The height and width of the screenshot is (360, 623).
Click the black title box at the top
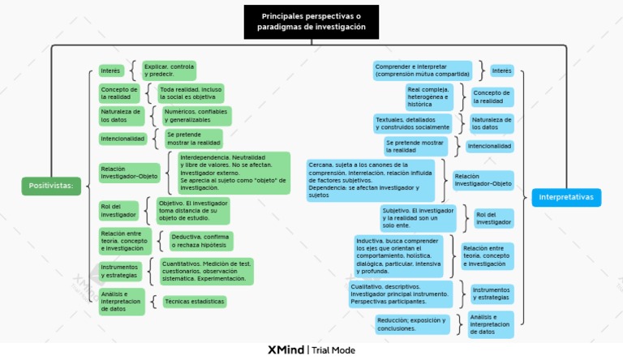(x=311, y=22)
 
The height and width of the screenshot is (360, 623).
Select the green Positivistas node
(x=51, y=186)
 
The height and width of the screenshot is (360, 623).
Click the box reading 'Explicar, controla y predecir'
(x=169, y=71)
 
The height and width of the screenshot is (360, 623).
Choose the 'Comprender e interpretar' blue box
(x=422, y=71)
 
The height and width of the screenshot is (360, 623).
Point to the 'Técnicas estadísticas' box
(x=193, y=302)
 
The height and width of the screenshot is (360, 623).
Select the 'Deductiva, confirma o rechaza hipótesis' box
(x=200, y=241)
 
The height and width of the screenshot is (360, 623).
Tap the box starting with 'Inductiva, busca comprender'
(x=398, y=256)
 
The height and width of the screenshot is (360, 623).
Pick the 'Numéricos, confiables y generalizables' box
(x=195, y=116)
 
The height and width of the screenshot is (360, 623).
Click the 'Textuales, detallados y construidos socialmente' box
(x=412, y=123)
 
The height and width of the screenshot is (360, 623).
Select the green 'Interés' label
(x=110, y=71)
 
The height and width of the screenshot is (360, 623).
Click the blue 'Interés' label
(x=501, y=71)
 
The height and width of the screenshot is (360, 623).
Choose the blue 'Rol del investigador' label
(x=494, y=218)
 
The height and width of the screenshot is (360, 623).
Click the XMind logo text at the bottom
(x=286, y=350)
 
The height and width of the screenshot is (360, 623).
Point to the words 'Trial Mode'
(x=333, y=350)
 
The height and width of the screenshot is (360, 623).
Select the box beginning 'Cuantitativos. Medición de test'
(x=205, y=271)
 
